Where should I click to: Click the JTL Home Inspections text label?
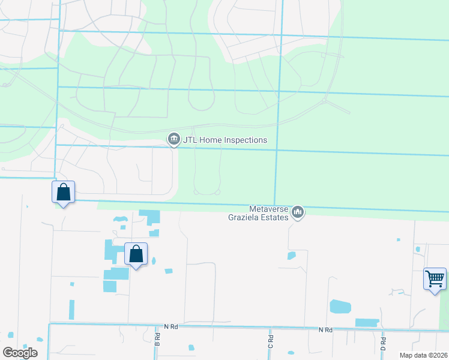coord(224,140)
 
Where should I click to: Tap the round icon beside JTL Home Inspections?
coord(174,140)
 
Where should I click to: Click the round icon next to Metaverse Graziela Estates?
coord(298,212)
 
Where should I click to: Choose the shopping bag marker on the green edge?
coord(64,193)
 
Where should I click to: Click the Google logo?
coord(20,353)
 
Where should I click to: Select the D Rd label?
coord(382,344)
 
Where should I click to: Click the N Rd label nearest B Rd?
coord(172,327)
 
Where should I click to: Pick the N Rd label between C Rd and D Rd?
coord(325,330)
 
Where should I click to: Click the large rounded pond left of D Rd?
coord(340,307)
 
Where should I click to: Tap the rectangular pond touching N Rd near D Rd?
coord(367,322)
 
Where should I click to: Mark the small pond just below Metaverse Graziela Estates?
coord(292,256)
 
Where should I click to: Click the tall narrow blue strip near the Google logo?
coord(71,310)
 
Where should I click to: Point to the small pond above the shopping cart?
coord(418,249)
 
